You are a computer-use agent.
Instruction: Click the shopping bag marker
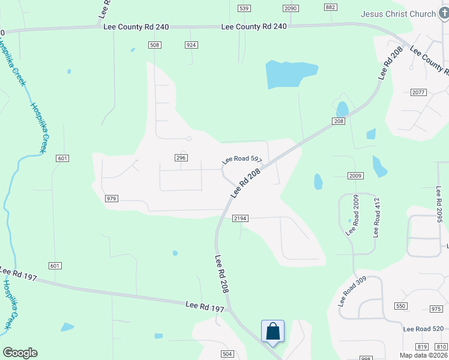[273, 331]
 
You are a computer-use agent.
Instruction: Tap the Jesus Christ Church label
[397, 14]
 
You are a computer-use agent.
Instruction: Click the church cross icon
[444, 13]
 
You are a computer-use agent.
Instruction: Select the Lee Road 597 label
[242, 160]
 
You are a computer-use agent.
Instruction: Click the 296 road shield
[182, 157]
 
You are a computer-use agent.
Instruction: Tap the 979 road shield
[111, 199]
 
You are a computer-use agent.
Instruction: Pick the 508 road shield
[155, 45]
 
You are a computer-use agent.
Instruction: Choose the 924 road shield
[191, 45]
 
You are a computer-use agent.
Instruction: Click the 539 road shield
[244, 8]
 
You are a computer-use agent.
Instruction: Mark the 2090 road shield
[291, 8]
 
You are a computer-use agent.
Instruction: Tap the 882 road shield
[330, 7]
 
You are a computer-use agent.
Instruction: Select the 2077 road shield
[418, 92]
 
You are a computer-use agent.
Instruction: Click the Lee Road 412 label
[377, 218]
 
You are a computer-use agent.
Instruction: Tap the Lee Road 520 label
[424, 329]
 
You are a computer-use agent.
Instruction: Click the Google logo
[20, 353]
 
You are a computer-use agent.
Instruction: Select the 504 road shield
[227, 354]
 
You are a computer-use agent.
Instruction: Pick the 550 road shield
[400, 306]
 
